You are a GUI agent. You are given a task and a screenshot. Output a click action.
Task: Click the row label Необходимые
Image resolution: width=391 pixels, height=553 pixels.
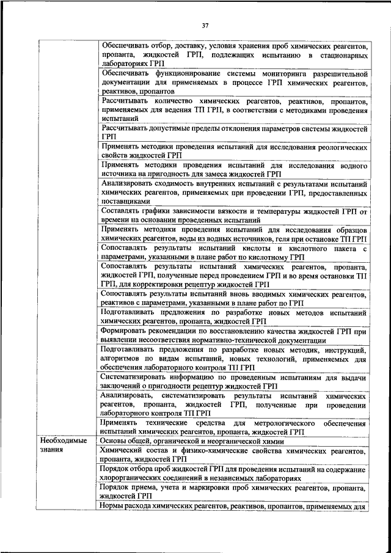(x=63, y=439)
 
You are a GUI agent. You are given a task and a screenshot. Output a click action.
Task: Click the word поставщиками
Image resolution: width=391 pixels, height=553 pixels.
(x=125, y=200)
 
